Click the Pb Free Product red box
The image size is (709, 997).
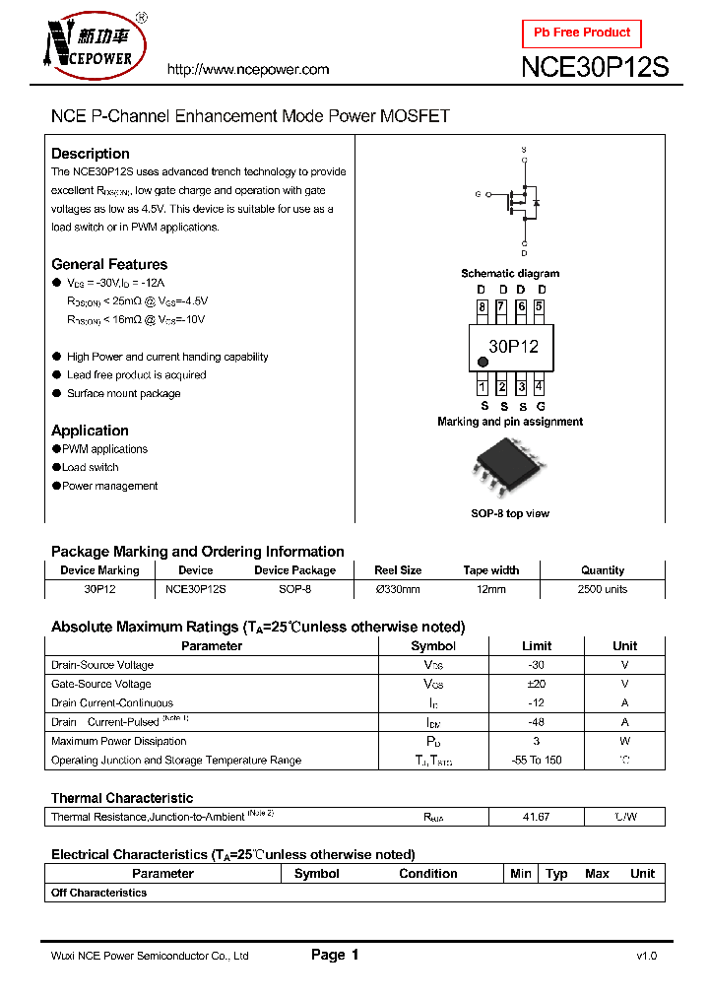(x=581, y=33)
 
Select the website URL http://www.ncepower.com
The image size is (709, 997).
(x=248, y=70)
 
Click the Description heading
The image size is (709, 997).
(x=91, y=154)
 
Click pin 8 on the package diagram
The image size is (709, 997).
(x=483, y=307)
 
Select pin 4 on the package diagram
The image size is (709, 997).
(x=539, y=387)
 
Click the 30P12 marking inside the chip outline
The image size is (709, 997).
(x=513, y=347)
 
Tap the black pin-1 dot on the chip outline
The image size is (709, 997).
(x=483, y=364)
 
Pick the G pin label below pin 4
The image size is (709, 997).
(x=541, y=406)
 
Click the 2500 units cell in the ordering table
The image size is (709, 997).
(x=602, y=589)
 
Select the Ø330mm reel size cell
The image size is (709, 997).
(x=398, y=589)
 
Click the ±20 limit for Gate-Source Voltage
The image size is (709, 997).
(x=537, y=684)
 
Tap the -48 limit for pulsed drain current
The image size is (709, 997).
(x=537, y=722)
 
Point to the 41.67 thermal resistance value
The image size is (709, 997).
(x=537, y=817)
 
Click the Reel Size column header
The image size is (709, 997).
(x=398, y=570)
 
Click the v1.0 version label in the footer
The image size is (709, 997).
(x=646, y=957)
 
